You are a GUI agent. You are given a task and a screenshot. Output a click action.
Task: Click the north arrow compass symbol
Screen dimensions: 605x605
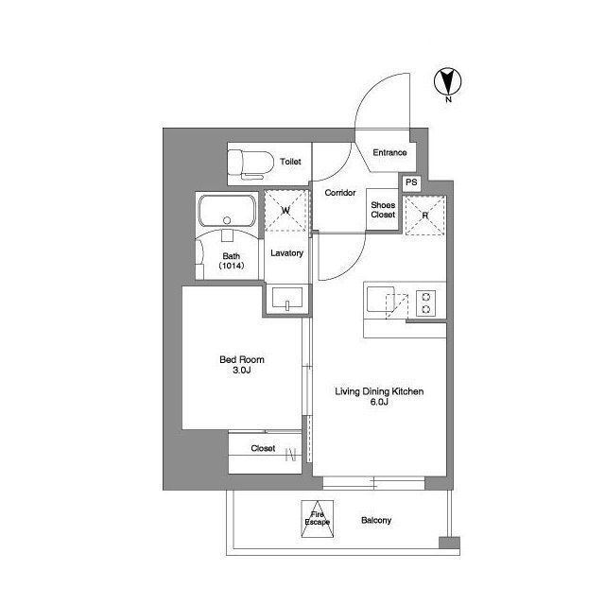click(447, 82)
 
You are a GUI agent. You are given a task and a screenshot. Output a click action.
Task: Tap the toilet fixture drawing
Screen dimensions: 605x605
click(250, 164)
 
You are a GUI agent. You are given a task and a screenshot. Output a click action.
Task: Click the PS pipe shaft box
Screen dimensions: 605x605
click(411, 182)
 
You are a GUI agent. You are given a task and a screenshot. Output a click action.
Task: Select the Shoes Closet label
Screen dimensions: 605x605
click(383, 210)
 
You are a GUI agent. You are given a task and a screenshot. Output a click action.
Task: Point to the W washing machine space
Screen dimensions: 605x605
click(285, 211)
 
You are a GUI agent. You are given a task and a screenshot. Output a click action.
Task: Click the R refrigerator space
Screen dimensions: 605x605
click(424, 216)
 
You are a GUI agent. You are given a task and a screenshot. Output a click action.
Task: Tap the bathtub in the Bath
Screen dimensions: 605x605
click(227, 211)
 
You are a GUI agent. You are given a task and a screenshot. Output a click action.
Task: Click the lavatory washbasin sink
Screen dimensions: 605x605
click(287, 298)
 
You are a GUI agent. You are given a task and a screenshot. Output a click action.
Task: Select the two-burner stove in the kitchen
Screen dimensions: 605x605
click(426, 303)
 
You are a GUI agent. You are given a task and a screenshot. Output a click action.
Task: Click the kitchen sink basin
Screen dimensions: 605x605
click(381, 299)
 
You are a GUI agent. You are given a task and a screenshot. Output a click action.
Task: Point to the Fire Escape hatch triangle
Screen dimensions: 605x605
click(318, 519)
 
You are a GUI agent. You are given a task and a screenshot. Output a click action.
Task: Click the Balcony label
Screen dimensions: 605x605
click(376, 520)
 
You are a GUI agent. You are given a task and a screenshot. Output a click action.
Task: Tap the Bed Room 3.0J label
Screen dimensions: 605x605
click(242, 365)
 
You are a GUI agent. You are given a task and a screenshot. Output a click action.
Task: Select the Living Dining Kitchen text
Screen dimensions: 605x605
click(379, 391)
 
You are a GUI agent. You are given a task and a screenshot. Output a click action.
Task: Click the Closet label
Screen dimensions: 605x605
click(263, 448)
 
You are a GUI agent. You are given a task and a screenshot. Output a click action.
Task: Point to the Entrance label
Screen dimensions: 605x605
click(389, 152)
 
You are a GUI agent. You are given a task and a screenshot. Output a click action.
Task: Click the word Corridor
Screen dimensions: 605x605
click(340, 193)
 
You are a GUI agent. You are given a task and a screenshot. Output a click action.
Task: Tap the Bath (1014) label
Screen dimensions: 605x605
click(231, 261)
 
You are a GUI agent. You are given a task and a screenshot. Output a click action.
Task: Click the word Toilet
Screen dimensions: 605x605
click(290, 162)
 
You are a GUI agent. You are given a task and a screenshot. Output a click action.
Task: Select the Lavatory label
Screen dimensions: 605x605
click(286, 253)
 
